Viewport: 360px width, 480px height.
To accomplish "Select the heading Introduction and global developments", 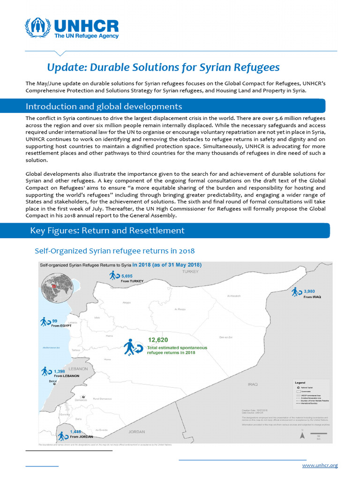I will click(x=104, y=106).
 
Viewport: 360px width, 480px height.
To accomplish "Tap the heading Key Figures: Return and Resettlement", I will click(x=107, y=231).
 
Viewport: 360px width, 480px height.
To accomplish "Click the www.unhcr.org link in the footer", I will click(x=320, y=465).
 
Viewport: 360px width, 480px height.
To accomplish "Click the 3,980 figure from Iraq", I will click(x=312, y=291).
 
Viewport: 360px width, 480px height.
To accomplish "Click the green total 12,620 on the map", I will click(x=158, y=340).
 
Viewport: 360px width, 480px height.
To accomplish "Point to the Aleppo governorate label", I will click(x=126, y=303).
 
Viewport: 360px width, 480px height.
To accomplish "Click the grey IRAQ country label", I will click(x=253, y=384).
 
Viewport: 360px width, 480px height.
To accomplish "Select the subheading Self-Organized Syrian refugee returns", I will click(x=114, y=251).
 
